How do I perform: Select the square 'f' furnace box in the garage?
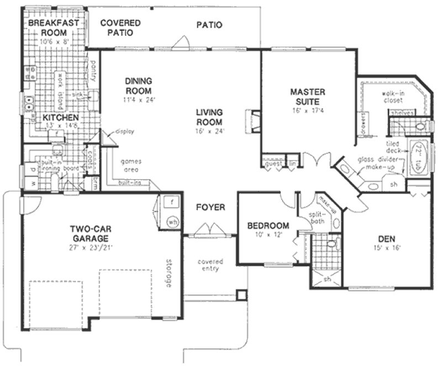pyautogui.click(x=172, y=202)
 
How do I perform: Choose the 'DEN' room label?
pyautogui.click(x=385, y=239)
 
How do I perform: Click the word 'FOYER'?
pyautogui.click(x=210, y=207)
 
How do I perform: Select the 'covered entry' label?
pyautogui.click(x=211, y=265)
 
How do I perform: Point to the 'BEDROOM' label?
pyautogui.click(x=268, y=226)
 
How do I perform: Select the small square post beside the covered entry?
pyautogui.click(x=240, y=294)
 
